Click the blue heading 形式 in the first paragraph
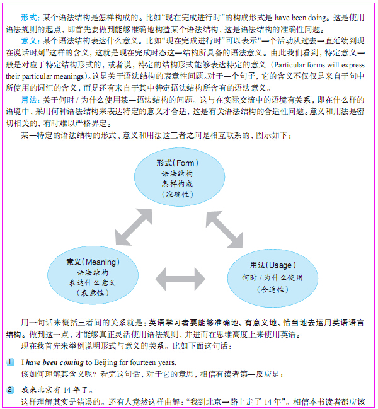(29, 18)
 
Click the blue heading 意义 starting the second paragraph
(29, 41)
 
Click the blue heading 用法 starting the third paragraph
(29, 100)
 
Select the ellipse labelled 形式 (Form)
(180, 177)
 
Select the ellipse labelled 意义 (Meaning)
(93, 275)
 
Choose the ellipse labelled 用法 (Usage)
(273, 278)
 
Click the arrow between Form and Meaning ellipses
(134, 227)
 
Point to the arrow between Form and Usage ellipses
(224, 229)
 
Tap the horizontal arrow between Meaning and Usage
(180, 279)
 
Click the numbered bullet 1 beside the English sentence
(10, 362)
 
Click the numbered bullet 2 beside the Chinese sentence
(10, 390)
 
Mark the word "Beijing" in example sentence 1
(106, 362)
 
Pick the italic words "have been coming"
(55, 362)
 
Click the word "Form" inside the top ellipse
(185, 163)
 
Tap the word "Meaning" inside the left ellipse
(101, 262)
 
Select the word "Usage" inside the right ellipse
(280, 265)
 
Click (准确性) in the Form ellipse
(178, 194)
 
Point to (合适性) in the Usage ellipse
(273, 289)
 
